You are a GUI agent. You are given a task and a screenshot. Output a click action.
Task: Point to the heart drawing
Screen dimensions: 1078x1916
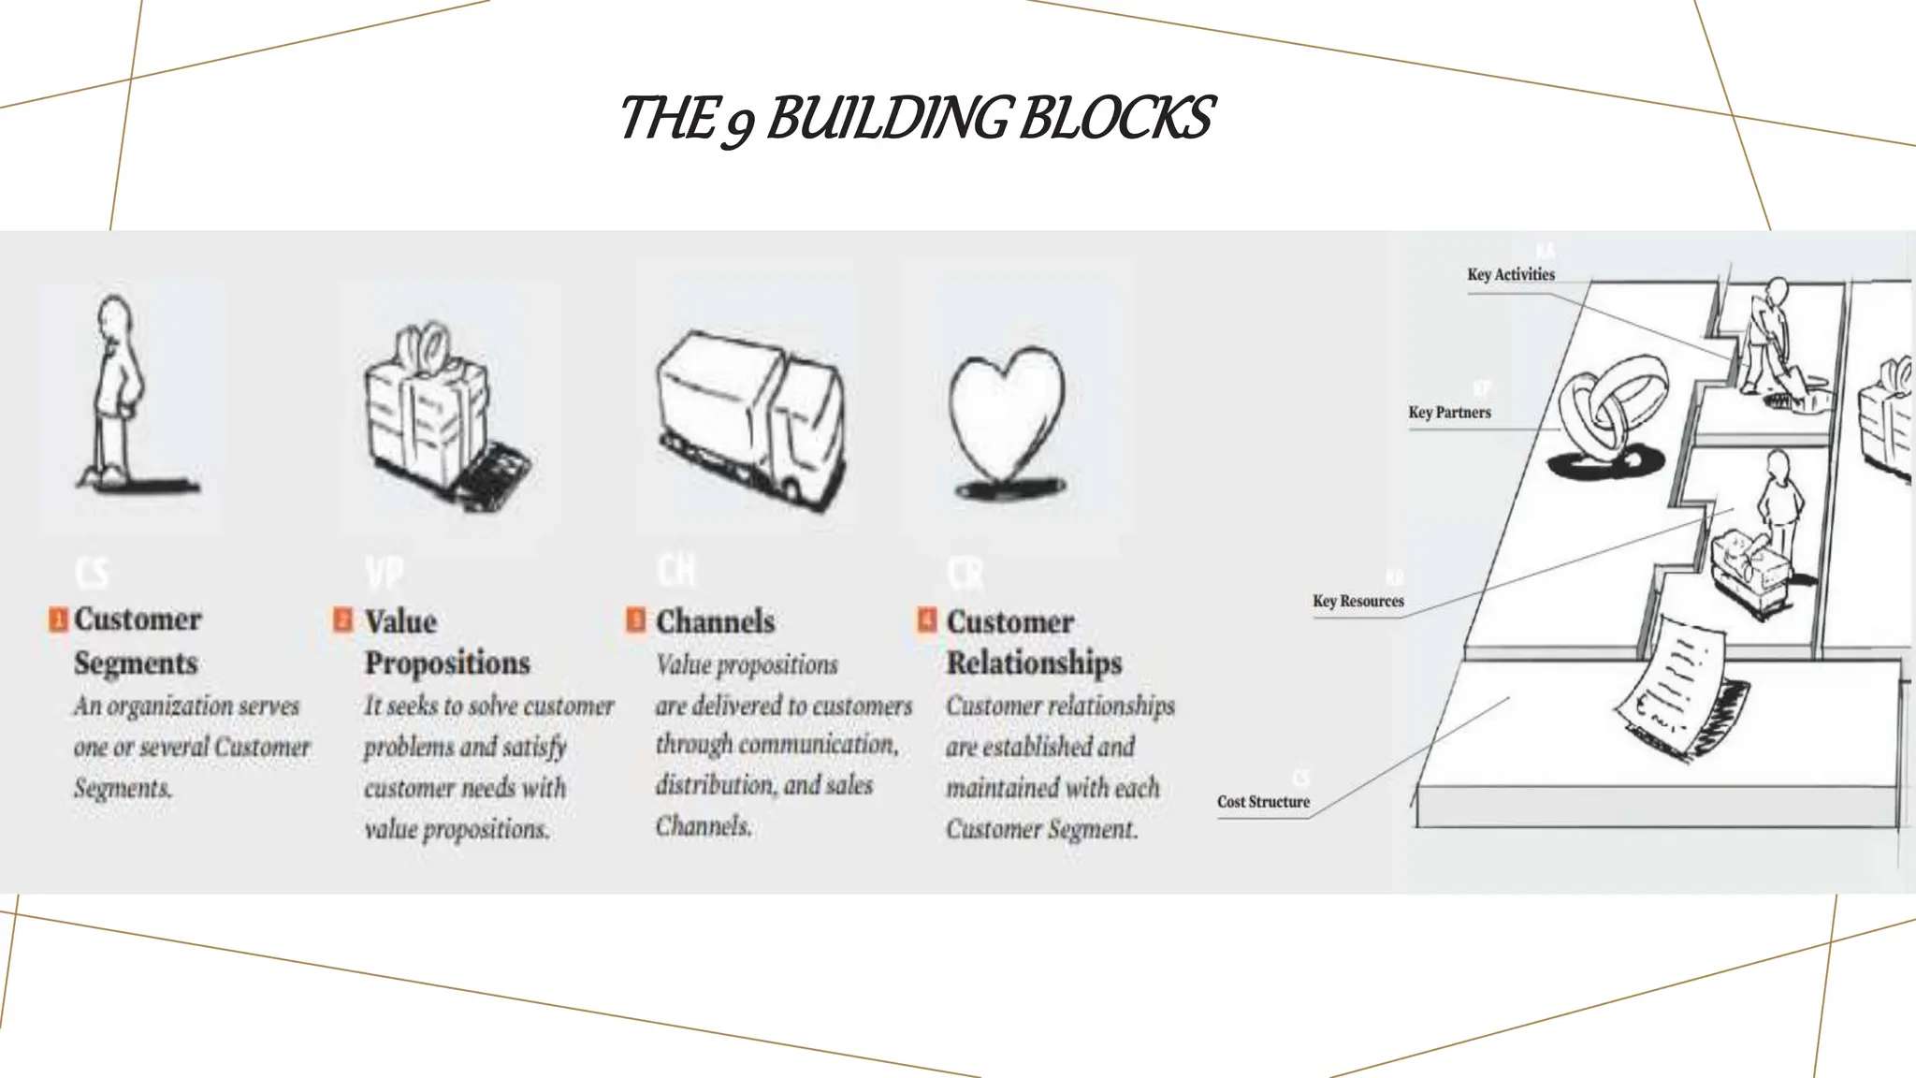coord(1006,412)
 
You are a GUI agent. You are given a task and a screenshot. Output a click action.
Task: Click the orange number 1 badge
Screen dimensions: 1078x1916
coord(58,619)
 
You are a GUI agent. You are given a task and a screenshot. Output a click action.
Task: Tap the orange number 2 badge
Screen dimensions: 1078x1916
coord(343,619)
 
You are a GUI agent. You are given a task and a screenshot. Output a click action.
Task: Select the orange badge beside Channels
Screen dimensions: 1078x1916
coord(635,619)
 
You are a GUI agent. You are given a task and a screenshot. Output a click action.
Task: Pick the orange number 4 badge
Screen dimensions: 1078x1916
coord(926,619)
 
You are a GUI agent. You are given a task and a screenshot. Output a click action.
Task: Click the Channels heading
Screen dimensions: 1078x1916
coord(716,621)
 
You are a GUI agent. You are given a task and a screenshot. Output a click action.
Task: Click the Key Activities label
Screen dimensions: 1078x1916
coord(1511,274)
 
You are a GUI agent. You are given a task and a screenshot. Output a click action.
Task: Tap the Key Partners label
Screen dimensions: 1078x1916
coord(1449,412)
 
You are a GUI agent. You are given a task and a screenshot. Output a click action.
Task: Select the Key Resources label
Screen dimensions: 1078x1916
coord(1357,601)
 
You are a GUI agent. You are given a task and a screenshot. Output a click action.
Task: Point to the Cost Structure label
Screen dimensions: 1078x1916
coord(1263,802)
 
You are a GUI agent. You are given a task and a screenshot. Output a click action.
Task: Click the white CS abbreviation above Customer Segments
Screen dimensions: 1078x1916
coord(92,573)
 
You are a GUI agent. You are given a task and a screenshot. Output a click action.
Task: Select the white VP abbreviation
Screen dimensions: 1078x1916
coord(384,573)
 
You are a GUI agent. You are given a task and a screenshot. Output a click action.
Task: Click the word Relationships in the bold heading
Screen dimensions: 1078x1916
coord(1034,663)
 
